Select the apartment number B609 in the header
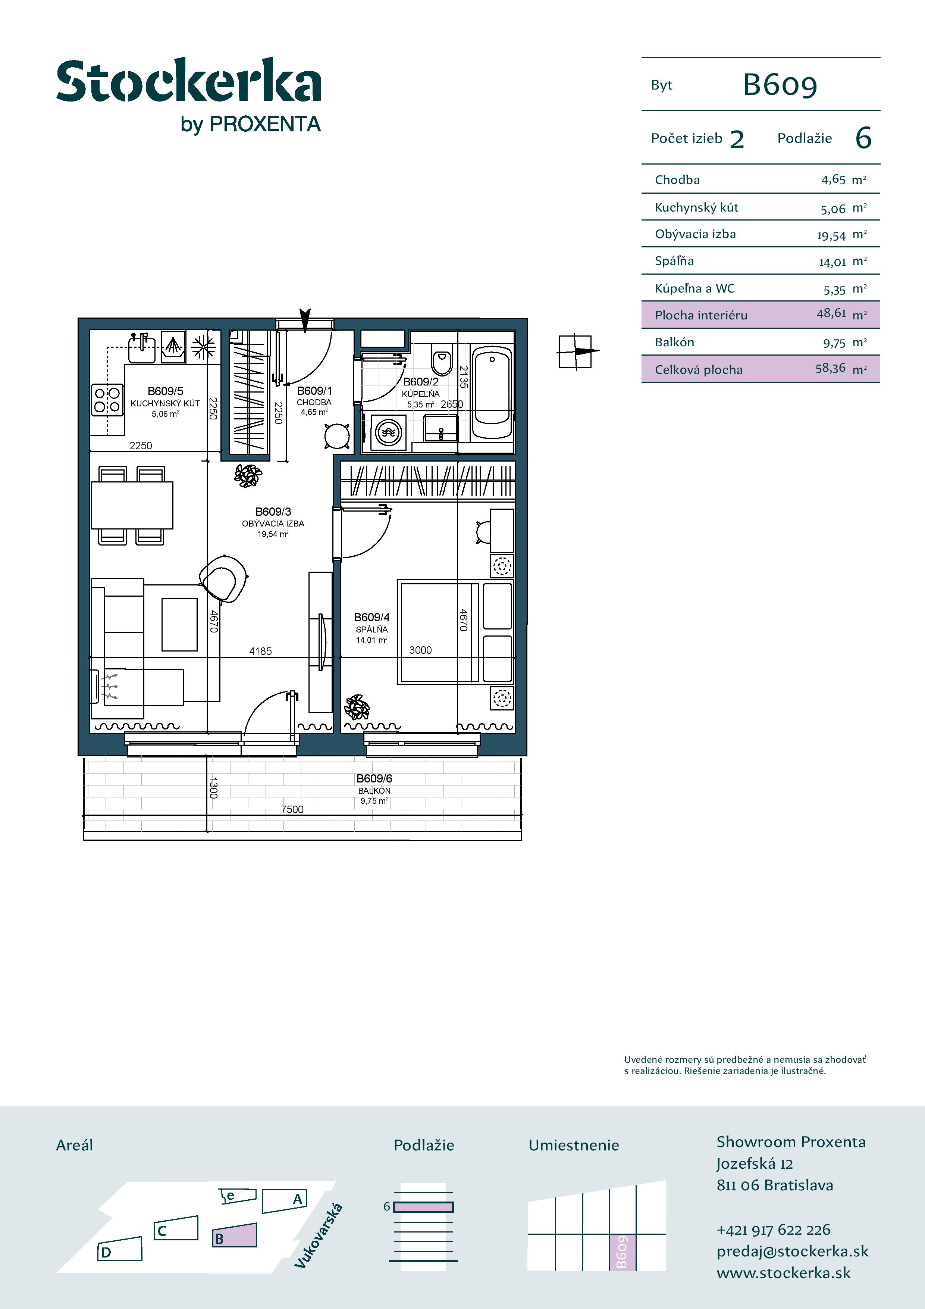coord(780,85)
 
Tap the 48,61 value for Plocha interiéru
coord(831,313)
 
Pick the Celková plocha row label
coord(699,369)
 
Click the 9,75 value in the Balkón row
coord(834,343)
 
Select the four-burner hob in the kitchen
coord(107,399)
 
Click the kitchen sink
coord(141,349)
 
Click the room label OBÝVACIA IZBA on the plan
coord(273,524)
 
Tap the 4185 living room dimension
coord(260,651)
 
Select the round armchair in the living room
coord(224,578)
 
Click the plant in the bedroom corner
coord(357,707)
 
